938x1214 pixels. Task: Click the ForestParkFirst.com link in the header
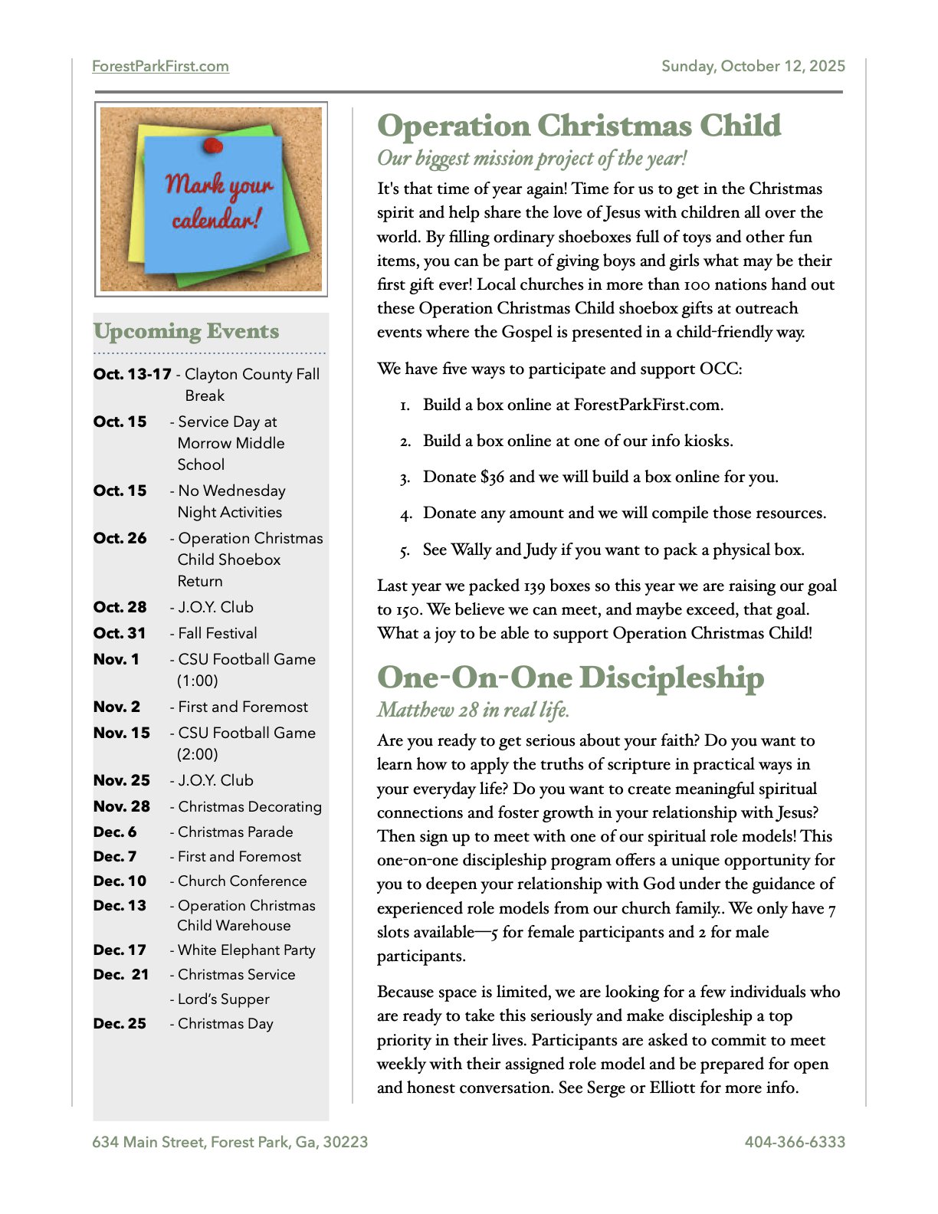160,67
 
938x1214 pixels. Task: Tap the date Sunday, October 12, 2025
753,67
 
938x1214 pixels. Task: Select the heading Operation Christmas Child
579,126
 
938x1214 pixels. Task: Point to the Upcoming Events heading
186,332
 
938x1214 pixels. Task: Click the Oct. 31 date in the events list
120,633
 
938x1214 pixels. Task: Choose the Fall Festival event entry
217,633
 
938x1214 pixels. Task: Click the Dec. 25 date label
120,1024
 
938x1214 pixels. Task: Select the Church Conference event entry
241,881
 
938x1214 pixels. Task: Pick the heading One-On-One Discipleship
570,678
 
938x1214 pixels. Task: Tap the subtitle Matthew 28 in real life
473,710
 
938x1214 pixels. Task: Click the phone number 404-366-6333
795,1142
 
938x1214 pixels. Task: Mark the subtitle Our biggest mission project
532,159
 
